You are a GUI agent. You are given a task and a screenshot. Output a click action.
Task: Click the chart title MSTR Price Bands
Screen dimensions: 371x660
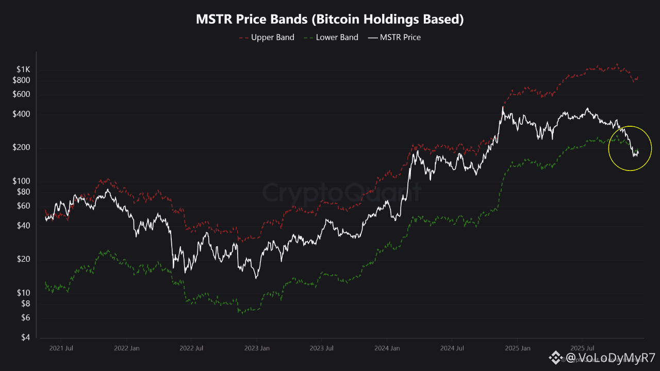click(x=330, y=20)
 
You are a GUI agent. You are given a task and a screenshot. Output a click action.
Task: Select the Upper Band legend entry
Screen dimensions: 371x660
click(x=272, y=37)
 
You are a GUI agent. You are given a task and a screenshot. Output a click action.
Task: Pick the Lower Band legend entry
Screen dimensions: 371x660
click(x=337, y=37)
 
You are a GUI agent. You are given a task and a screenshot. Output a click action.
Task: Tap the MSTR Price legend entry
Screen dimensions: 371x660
click(x=400, y=37)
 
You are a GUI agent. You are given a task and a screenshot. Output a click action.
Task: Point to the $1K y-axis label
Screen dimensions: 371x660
click(x=23, y=70)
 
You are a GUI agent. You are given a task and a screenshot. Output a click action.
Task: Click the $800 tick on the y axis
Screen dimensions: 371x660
click(x=21, y=80)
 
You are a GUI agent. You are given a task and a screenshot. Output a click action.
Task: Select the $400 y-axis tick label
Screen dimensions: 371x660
click(x=21, y=114)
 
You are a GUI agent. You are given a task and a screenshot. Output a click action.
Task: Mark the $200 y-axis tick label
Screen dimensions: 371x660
click(x=21, y=148)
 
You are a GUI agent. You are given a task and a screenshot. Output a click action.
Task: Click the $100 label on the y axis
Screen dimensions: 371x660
click(x=21, y=181)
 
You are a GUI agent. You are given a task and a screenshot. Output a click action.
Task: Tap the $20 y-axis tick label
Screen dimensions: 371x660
click(x=23, y=259)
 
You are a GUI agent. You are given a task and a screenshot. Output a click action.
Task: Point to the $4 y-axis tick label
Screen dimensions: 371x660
click(x=25, y=338)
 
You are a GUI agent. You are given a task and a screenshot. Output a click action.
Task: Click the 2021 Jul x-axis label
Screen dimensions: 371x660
click(x=61, y=348)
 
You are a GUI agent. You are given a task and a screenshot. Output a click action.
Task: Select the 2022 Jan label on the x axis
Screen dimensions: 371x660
click(x=126, y=348)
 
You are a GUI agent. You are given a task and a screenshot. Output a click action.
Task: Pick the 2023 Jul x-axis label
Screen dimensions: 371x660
click(x=321, y=348)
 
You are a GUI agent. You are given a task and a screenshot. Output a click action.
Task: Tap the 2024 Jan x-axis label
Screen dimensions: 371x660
click(x=387, y=348)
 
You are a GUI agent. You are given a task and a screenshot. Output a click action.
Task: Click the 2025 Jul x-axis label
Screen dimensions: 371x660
click(x=582, y=348)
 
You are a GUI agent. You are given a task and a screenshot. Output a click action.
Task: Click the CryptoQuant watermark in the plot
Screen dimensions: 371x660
click(x=342, y=193)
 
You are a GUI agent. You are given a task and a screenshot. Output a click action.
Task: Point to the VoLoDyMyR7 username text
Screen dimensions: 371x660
click(x=612, y=358)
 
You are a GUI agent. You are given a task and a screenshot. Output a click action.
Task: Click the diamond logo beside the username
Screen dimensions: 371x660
click(x=556, y=357)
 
